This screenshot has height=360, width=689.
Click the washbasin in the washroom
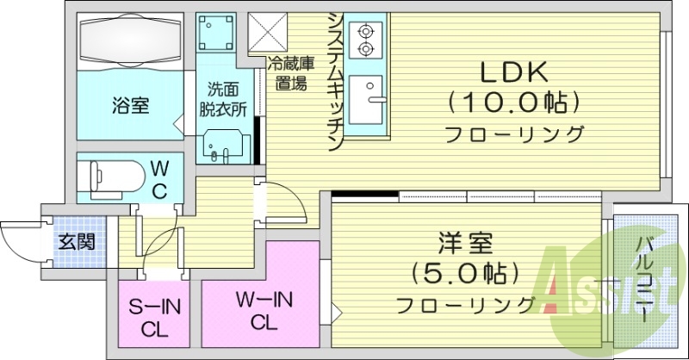pyautogui.click(x=221, y=144)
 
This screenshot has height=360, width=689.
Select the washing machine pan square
pyautogui.click(x=214, y=34)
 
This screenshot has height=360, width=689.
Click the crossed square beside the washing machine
pyautogui.click(x=267, y=34)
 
